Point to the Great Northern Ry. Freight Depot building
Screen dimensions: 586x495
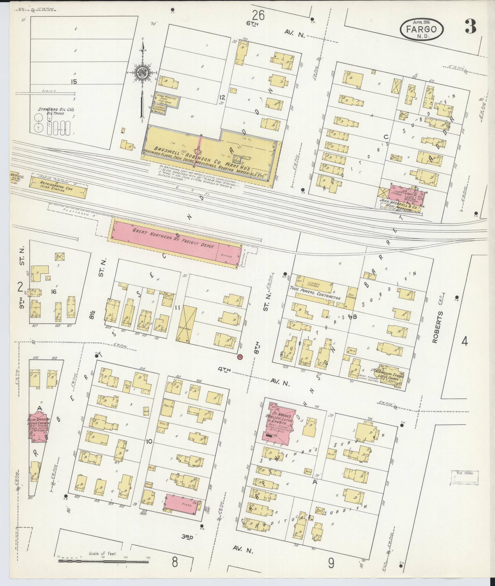(x=177, y=243)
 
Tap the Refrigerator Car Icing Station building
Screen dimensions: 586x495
(x=58, y=187)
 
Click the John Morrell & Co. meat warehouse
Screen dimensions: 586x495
(x=406, y=198)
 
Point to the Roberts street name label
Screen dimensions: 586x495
(x=438, y=327)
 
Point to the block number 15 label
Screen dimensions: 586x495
(x=73, y=82)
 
